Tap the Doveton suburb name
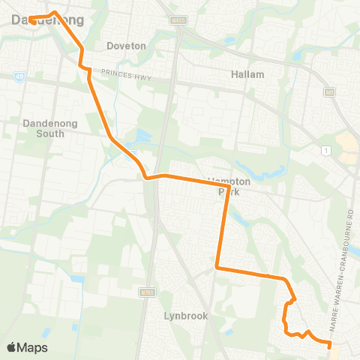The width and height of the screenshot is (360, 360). tap(125, 46)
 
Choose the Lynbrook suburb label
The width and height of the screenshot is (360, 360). tap(185, 316)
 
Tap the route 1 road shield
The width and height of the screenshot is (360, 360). tap(325, 151)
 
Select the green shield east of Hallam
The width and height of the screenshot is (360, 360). tap(328, 91)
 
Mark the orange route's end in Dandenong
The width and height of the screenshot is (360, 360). tap(33, 21)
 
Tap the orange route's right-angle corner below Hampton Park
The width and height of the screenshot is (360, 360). tap(217, 266)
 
